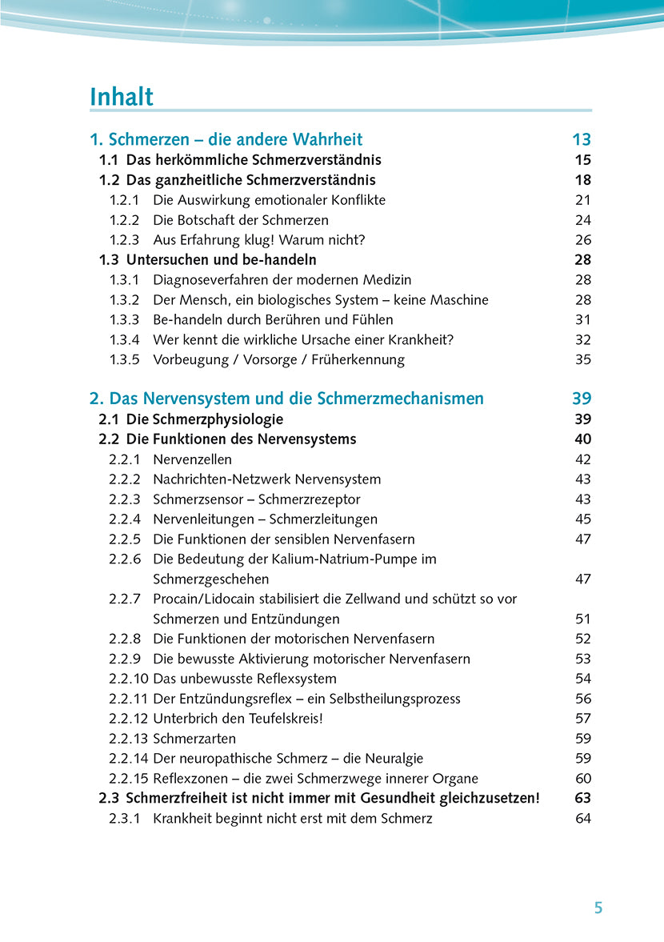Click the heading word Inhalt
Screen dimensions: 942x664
pos(122,97)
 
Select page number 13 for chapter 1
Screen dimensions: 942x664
pos(582,139)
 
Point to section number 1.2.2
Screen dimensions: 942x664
pos(124,220)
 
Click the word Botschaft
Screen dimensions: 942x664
pos(212,220)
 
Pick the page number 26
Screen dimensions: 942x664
pos(583,240)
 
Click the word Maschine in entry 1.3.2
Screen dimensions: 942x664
pos(458,300)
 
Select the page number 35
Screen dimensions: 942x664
pos(583,359)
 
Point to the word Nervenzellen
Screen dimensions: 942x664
pos(193,459)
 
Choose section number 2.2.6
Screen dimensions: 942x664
pos(124,559)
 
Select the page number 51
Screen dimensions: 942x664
pos(583,619)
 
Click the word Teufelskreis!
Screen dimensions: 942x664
pos(278,718)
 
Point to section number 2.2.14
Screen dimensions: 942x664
pos(128,758)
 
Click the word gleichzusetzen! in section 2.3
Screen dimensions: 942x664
pos(487,798)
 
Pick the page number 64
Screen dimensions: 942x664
pos(583,818)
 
